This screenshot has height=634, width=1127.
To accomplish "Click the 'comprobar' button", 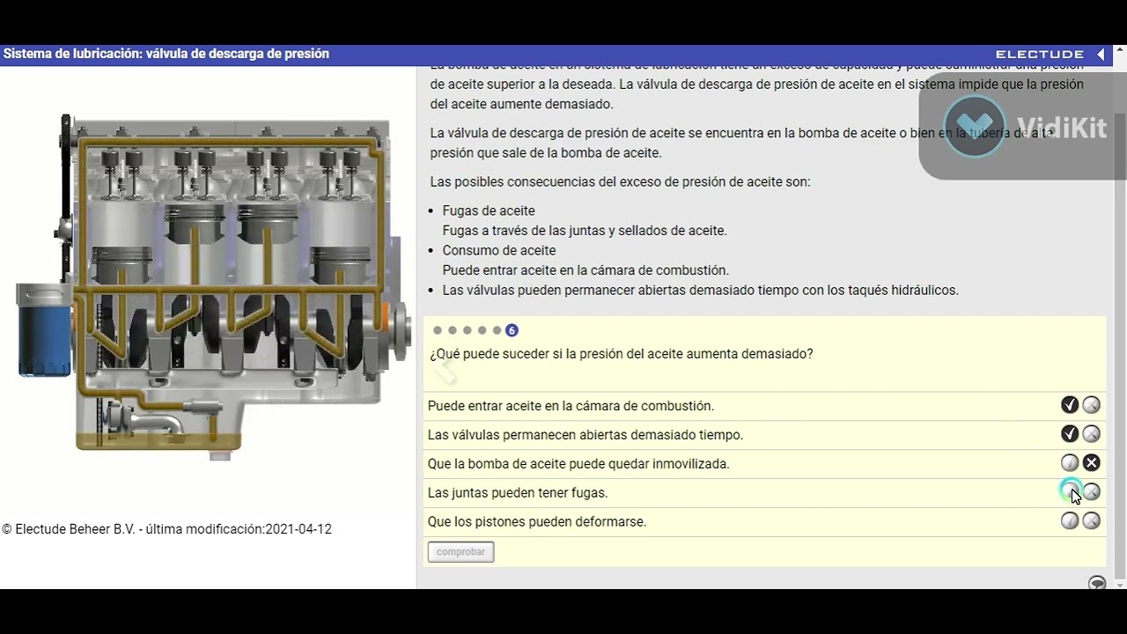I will (x=460, y=552).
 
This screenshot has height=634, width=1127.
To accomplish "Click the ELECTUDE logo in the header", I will (x=1040, y=55).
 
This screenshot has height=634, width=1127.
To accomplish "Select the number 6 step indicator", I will (x=512, y=331).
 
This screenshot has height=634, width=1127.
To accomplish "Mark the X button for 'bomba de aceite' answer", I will (x=1091, y=463).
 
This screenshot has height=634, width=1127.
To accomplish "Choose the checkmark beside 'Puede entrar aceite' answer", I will (x=1070, y=405).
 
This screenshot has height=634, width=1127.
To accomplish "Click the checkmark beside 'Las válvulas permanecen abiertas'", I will (x=1070, y=434).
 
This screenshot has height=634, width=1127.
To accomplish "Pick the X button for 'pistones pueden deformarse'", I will (x=1091, y=521).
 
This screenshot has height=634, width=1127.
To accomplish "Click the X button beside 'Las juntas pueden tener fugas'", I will (x=1091, y=492).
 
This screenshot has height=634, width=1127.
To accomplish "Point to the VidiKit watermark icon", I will (x=974, y=126).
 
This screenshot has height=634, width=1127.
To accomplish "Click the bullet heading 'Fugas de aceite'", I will (x=489, y=211).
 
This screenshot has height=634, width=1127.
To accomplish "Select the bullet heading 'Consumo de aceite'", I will (x=498, y=251).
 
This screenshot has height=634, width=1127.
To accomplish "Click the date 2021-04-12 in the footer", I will (x=298, y=530).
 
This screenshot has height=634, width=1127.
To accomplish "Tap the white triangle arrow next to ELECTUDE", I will (x=1101, y=55).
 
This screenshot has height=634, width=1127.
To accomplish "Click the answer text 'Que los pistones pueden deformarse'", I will (x=537, y=522).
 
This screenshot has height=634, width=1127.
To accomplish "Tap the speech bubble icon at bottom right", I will (x=1097, y=583).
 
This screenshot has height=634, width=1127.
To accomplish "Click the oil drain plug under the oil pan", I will (x=220, y=455).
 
